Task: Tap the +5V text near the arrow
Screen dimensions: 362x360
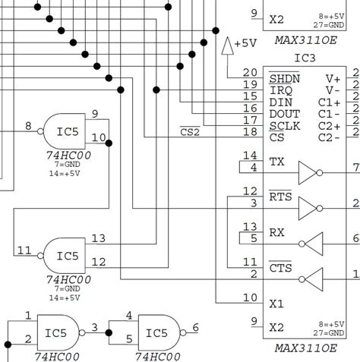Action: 245,43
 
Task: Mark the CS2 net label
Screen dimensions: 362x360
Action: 191,132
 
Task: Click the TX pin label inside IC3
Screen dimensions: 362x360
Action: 276,161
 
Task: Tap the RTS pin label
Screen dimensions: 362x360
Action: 279,197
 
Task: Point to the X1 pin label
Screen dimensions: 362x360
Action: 276,304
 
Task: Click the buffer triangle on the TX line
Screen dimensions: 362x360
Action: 308,172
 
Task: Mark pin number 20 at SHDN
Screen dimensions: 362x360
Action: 250,74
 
